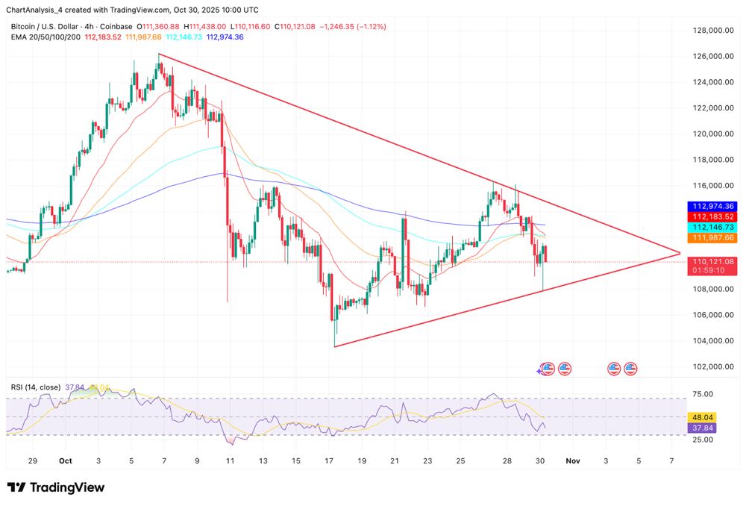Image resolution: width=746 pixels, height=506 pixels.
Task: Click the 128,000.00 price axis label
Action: [x=708, y=31]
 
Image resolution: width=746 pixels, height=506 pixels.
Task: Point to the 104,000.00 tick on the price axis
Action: [x=708, y=341]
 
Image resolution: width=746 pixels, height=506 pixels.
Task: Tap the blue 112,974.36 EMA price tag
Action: [x=714, y=206]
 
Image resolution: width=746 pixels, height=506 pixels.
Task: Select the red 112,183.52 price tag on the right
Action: [x=714, y=216]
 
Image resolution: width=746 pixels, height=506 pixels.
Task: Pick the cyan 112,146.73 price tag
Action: [x=714, y=227]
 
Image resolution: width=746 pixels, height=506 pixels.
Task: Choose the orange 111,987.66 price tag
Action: [x=714, y=237]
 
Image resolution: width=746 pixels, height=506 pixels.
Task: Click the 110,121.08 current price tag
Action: [x=714, y=262]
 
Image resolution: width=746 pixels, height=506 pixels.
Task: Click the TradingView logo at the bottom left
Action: [x=57, y=487]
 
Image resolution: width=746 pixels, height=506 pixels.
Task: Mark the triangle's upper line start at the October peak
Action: [x=159, y=54]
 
